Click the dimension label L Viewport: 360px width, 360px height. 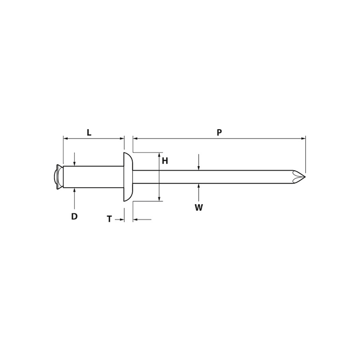89,133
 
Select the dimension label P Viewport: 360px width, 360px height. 219,133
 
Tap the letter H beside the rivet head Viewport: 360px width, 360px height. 165,161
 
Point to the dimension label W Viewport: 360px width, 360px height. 199,208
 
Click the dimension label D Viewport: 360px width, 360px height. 74,217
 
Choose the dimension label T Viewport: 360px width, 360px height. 109,219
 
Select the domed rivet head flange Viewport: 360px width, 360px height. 128,177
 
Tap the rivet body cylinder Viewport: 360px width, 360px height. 93,177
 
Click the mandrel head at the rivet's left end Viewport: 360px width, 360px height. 59,177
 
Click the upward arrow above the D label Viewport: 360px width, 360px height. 75,190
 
